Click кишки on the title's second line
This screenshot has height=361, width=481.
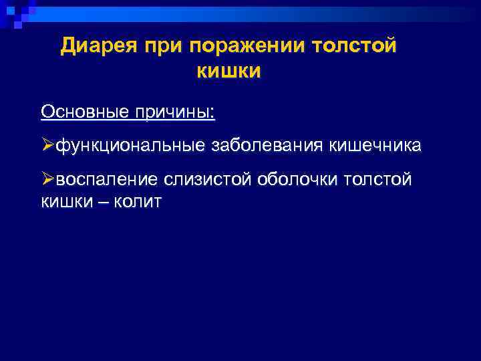pos(228,71)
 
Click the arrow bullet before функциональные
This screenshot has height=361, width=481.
pos(47,145)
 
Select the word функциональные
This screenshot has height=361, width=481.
pos(130,145)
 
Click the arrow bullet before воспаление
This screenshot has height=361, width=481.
pos(47,179)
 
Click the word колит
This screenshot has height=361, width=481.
pos(138,201)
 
